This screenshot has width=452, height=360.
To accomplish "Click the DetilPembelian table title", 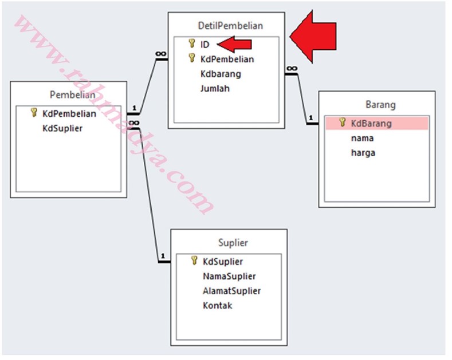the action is [230, 26].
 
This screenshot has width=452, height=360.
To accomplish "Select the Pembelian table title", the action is [72, 95].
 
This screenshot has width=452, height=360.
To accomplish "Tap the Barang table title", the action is [380, 105].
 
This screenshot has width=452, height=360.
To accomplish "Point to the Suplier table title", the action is [233, 243].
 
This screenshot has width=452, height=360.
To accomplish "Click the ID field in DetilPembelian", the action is [205, 45].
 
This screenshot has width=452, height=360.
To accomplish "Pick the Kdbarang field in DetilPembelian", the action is [221, 74].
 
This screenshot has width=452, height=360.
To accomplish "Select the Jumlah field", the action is [215, 88].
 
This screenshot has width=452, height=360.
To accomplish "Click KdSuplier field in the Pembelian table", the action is [62, 128].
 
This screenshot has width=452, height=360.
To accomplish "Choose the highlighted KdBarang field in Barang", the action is [371, 124].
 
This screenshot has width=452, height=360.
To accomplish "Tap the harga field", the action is [363, 153].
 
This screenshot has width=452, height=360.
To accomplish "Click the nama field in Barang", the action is [362, 139].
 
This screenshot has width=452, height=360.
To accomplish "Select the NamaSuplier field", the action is [229, 276].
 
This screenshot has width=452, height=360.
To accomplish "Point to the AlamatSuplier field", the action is [232, 291].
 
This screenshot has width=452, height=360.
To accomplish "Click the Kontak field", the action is [217, 305].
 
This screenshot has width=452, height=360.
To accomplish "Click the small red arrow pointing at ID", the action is [234, 44].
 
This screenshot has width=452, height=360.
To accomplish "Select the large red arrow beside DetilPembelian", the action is [313, 37].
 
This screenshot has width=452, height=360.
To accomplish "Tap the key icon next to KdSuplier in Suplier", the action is [194, 260].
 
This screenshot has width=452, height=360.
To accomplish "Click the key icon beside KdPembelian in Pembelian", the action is [34, 112].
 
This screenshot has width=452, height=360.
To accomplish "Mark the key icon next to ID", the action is [192, 43].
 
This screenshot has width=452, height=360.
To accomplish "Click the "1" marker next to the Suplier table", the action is [163, 256].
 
